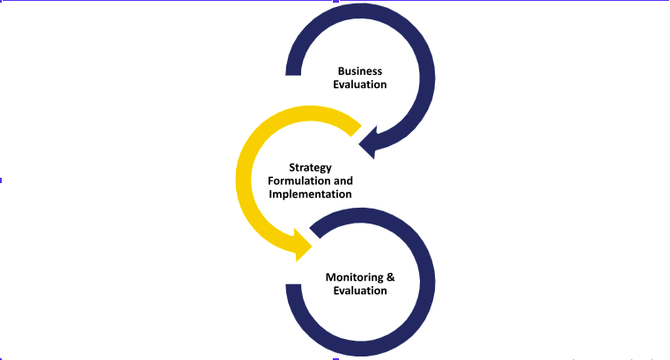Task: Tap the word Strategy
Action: [x=310, y=167]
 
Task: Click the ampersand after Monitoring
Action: [x=390, y=277]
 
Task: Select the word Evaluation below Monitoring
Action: [x=360, y=290]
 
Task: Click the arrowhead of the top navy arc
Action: [x=372, y=143]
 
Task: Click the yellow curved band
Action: [x=246, y=176]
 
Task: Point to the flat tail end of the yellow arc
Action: [x=356, y=127]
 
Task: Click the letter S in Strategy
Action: [x=291, y=167]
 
